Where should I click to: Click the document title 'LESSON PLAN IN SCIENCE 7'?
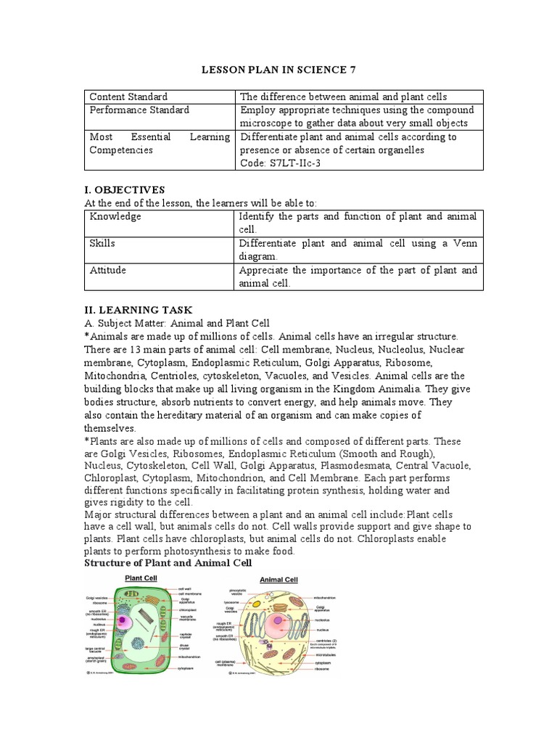[x=278, y=69]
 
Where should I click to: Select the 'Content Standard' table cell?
[x=128, y=97]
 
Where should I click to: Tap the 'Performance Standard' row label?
[x=139, y=110]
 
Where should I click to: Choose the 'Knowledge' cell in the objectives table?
[x=115, y=217]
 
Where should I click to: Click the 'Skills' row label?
[x=102, y=244]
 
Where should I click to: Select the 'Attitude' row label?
[x=107, y=271]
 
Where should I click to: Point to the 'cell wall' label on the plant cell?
[x=186, y=588]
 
